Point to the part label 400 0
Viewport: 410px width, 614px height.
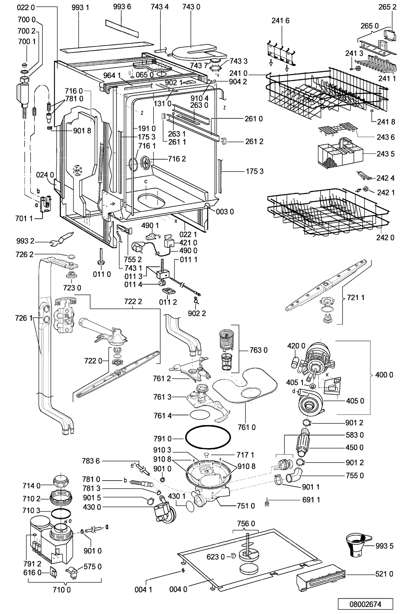point(386,375)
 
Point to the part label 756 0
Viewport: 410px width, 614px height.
point(246,524)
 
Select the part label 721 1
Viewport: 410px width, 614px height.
point(356,298)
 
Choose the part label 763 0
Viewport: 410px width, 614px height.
point(259,350)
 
